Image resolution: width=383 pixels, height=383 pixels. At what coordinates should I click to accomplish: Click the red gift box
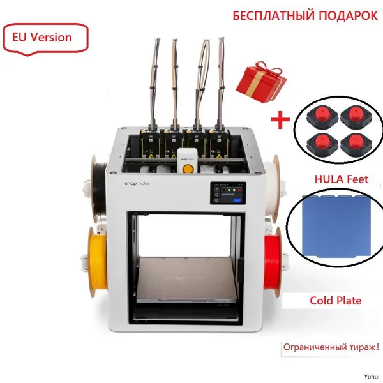pos(261,82)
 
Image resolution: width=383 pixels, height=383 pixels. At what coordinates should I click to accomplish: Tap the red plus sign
pos(280,120)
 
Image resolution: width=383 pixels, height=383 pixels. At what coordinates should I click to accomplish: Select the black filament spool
pos(98,189)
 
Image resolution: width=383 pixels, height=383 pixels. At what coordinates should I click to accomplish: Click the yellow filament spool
pos(97,262)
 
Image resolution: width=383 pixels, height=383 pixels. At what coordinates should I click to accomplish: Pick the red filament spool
pos(273,262)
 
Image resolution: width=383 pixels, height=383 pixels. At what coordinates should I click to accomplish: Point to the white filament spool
pos(272,189)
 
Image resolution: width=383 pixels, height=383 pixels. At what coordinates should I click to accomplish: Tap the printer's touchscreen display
pos(228,193)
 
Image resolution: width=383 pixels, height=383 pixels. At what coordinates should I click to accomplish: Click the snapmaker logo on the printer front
pos(137,183)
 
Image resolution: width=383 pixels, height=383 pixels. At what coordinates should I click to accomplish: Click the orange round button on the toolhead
pos(188,169)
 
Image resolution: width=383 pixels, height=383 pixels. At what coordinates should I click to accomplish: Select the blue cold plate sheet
pos(336,226)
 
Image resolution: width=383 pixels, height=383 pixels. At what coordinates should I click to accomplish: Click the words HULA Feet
pos(341,179)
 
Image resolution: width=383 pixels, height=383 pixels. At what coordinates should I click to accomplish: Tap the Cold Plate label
pos(336,301)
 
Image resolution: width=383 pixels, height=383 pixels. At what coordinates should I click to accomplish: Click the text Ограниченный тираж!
pos(331,347)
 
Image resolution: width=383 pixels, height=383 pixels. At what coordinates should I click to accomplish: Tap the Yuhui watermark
pos(372,377)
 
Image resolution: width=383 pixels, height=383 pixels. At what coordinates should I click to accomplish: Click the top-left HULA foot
pos(322,117)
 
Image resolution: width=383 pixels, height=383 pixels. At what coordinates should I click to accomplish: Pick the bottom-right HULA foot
pos(356,145)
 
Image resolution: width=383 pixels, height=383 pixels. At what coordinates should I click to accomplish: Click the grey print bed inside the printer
pos(186,278)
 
